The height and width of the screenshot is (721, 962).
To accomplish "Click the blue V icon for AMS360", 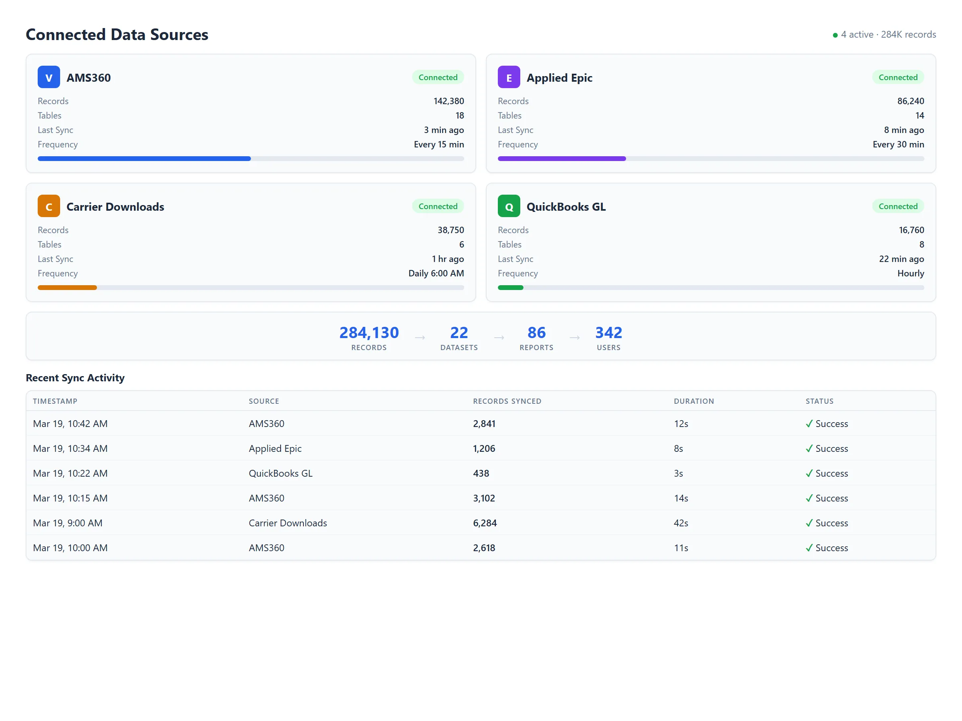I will tap(49, 77).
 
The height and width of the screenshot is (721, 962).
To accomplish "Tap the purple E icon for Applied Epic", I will tap(509, 77).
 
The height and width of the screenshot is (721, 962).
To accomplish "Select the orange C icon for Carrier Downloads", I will tap(49, 206).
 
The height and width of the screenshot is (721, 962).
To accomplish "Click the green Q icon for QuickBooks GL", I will tap(509, 206).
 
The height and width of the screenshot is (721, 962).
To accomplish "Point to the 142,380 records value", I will tap(449, 101).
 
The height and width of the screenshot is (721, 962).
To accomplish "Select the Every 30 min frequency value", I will tap(898, 145).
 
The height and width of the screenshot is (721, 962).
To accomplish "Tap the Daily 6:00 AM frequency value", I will tap(436, 273).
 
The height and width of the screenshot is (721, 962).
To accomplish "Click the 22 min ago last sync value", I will tap(901, 259).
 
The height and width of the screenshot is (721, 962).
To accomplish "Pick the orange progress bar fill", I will tap(67, 288).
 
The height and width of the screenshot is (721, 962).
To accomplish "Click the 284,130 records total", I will tap(369, 333).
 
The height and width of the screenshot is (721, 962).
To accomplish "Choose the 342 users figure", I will tap(608, 333).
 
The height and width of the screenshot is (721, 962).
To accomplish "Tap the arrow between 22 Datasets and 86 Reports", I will tap(499, 338).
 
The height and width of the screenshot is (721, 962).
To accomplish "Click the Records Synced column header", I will tap(507, 401).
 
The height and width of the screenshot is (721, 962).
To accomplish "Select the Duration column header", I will tap(694, 401).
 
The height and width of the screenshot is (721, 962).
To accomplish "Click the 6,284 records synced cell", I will tap(485, 523).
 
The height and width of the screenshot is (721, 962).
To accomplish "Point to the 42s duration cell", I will tap(681, 523).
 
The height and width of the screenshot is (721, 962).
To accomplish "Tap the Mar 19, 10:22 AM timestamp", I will tap(70, 473).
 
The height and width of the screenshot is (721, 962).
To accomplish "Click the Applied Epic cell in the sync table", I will tap(275, 449).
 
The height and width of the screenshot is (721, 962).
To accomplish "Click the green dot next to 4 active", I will tap(835, 35).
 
